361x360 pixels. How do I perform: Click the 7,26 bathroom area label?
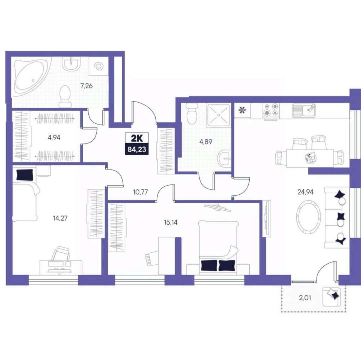[86, 86]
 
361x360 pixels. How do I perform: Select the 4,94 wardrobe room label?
[54, 138]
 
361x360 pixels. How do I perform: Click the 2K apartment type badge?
[137, 139]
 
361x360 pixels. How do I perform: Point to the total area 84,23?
[137, 149]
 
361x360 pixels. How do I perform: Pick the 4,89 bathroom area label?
[206, 142]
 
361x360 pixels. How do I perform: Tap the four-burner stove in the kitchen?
[271, 111]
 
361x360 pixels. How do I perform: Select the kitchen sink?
[304, 110]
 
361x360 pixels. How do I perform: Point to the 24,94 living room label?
[306, 192]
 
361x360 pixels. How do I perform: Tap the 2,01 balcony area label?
[305, 298]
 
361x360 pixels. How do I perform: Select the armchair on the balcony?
[331, 297]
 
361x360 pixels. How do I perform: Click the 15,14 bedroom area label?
[171, 223]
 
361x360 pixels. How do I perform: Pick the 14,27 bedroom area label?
[60, 218]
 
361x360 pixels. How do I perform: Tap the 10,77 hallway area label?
[140, 192]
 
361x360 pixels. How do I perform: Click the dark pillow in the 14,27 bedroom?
[25, 175]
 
